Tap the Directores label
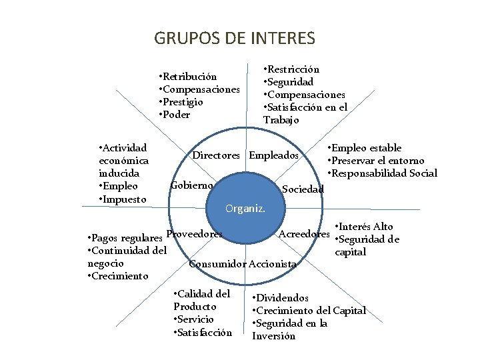point(216,155)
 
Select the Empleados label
point(273,155)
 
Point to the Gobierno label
point(192,185)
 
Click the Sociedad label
point(303,189)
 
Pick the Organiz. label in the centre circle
point(245,209)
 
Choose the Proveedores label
point(193,234)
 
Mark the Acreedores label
point(304,234)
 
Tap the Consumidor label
point(217,264)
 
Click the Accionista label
point(272,264)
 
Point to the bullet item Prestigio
point(183,102)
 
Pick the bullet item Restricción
point(293,69)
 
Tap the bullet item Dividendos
point(283,298)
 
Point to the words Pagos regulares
point(127,238)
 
